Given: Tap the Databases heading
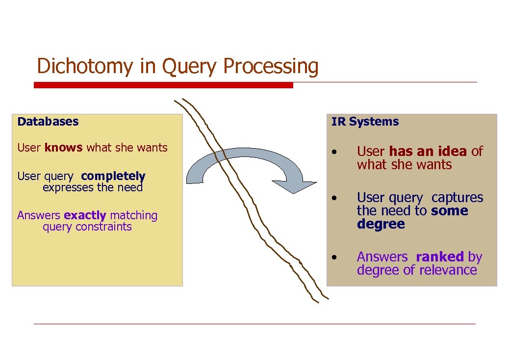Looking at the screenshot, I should pyautogui.click(x=48, y=121).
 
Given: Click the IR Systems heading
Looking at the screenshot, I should pyautogui.click(x=365, y=122).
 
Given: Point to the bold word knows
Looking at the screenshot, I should pyautogui.click(x=63, y=148).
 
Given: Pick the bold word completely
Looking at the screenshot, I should pyautogui.click(x=113, y=176).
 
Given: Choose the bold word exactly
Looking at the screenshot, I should pyautogui.click(x=85, y=215).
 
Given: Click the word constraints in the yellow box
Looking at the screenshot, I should pyautogui.click(x=107, y=227).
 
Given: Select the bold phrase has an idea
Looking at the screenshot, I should pyautogui.click(x=428, y=152).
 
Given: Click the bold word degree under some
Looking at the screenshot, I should pyautogui.click(x=381, y=224).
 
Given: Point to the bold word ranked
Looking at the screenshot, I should pyautogui.click(x=439, y=257).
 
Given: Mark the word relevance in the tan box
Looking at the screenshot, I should pyautogui.click(x=450, y=270).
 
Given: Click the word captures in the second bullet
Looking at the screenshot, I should pyautogui.click(x=457, y=198).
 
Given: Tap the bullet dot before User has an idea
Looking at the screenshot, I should pyautogui.click(x=333, y=152).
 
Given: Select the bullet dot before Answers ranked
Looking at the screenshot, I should pyautogui.click(x=333, y=257).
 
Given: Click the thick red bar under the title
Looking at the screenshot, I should pyautogui.click(x=163, y=85).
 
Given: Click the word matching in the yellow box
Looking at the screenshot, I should pyautogui.click(x=133, y=215).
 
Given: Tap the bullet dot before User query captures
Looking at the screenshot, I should pyautogui.click(x=333, y=198).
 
